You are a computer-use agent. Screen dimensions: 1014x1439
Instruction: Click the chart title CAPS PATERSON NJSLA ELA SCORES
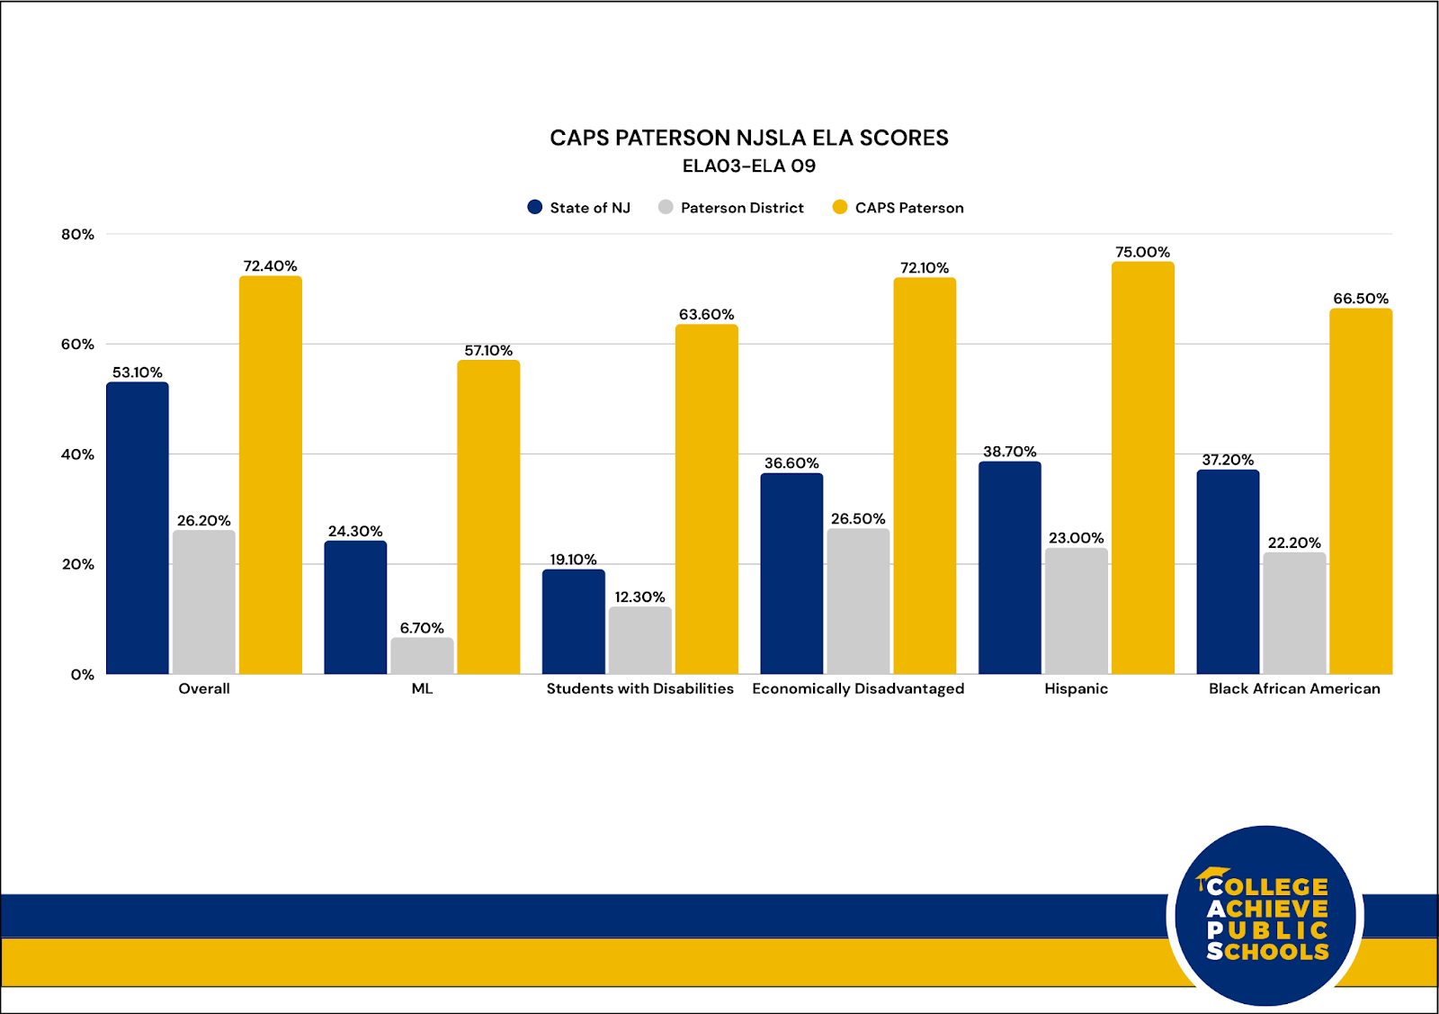pyautogui.click(x=748, y=138)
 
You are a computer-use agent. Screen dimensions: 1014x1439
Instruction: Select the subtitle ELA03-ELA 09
pyautogui.click(x=748, y=166)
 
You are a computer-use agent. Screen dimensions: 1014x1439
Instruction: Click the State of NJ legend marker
pyautogui.click(x=535, y=208)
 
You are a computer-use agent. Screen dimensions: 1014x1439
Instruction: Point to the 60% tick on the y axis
pyautogui.click(x=77, y=345)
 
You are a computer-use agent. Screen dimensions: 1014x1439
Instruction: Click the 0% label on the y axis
pyautogui.click(x=83, y=675)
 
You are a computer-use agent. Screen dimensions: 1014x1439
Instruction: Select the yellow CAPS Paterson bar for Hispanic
pyautogui.click(x=1142, y=468)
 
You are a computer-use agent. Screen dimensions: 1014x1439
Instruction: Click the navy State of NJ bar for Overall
pyautogui.click(x=138, y=528)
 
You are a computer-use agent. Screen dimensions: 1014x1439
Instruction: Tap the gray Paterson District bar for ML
pyautogui.click(x=422, y=656)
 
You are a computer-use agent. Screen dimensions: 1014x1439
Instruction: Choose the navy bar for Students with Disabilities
pyautogui.click(x=574, y=622)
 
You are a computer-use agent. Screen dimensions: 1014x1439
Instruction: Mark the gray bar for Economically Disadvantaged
pyautogui.click(x=858, y=601)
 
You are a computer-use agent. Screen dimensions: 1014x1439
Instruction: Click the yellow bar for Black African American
pyautogui.click(x=1361, y=491)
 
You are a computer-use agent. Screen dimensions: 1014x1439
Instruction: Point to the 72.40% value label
pyautogui.click(x=270, y=266)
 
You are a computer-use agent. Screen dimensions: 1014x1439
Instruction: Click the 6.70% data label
pyautogui.click(x=422, y=628)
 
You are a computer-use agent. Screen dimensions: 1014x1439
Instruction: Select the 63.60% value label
pyautogui.click(x=706, y=315)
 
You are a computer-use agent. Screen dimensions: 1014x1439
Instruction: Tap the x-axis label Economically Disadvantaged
pyautogui.click(x=858, y=688)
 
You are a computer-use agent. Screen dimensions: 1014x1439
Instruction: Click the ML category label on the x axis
pyautogui.click(x=422, y=688)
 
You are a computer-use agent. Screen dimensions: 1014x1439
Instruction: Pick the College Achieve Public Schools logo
pyautogui.click(x=1265, y=916)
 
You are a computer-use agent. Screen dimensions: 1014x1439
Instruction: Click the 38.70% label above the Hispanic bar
pyautogui.click(x=1009, y=452)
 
